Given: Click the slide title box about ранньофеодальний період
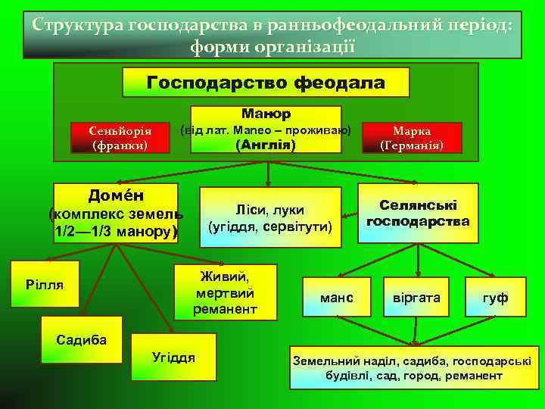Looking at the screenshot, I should (x=272, y=34).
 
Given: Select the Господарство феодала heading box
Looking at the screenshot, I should (x=266, y=82).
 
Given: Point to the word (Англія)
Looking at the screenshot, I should (x=266, y=144).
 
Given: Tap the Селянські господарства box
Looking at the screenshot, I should (x=418, y=213).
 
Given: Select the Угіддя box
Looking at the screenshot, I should (x=174, y=356).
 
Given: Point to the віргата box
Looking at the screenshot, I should (x=416, y=298).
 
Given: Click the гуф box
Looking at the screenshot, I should (x=496, y=298).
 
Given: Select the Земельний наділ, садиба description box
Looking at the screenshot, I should (x=412, y=367).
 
